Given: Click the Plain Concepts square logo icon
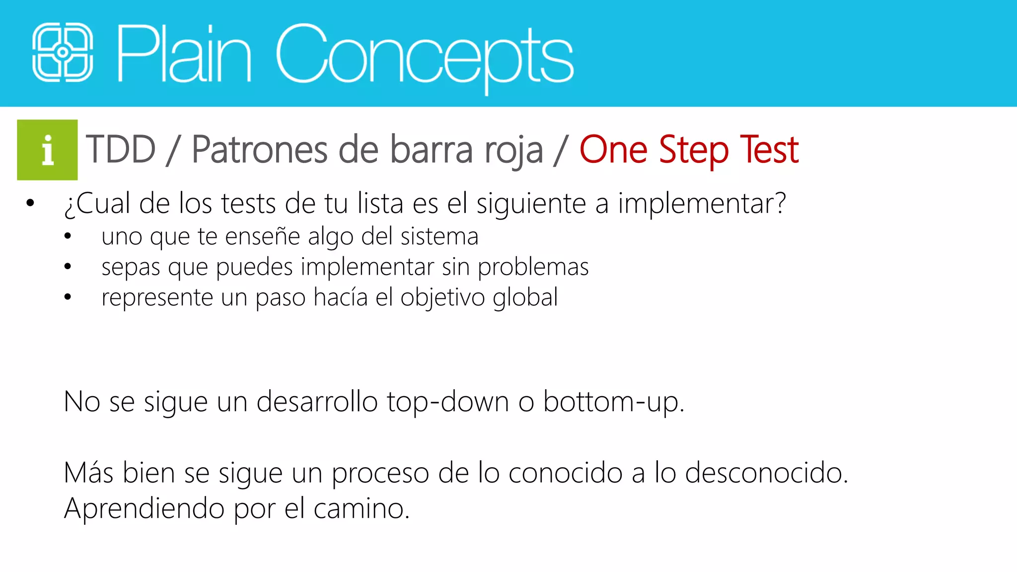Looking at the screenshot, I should pyautogui.click(x=63, y=52).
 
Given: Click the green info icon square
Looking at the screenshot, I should pyautogui.click(x=47, y=149).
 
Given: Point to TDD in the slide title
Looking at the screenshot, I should pyautogui.click(x=121, y=149).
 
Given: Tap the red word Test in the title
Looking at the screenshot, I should pyautogui.click(x=769, y=149).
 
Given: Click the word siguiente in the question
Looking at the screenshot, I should pyautogui.click(x=531, y=204).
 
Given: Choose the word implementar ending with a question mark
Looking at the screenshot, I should pyautogui.click(x=702, y=204).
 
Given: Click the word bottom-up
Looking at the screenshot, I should pyautogui.click(x=613, y=402).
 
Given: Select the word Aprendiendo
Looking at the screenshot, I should pyautogui.click(x=144, y=508).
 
